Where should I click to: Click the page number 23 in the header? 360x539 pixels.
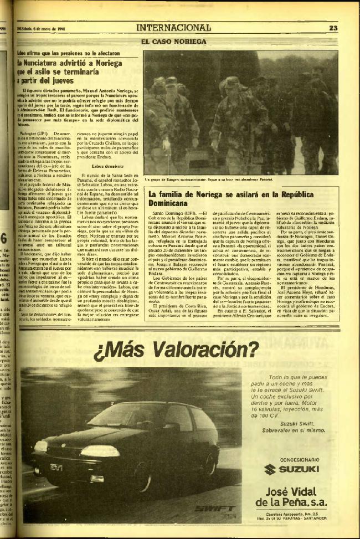pyautogui.click(x=333, y=28)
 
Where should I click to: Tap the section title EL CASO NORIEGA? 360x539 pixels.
pyautogui.click(x=173, y=41)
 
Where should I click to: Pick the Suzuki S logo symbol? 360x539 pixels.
pyautogui.click(x=270, y=470)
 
